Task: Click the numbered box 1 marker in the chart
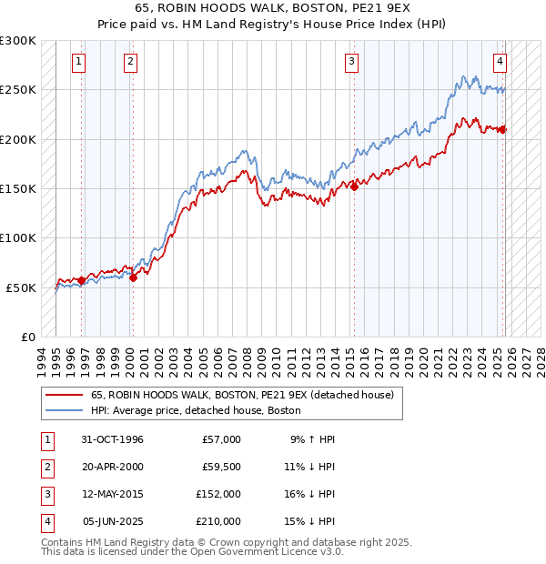[79, 62]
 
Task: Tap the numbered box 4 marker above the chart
[500, 62]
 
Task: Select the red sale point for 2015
[355, 186]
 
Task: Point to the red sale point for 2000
[133, 277]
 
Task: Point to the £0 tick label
[27, 337]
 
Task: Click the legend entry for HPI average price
[202, 411]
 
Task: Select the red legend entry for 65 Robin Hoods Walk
[241, 396]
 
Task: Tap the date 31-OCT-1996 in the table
[112, 439]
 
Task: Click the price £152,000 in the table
[218, 495]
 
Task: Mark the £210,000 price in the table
[218, 522]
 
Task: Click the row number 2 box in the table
[45, 468]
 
